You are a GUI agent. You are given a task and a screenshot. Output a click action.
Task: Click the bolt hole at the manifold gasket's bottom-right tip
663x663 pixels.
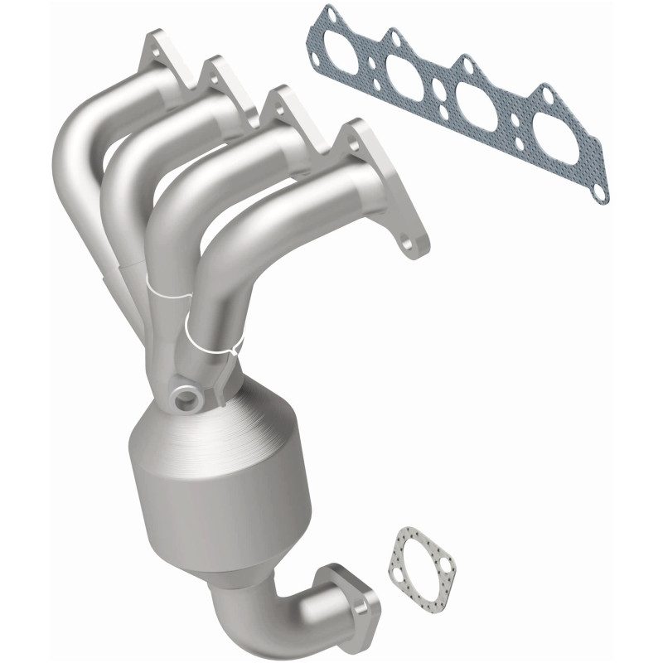[x=596, y=193]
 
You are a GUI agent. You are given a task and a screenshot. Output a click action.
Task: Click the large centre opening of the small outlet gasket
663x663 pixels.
[x=422, y=559]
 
